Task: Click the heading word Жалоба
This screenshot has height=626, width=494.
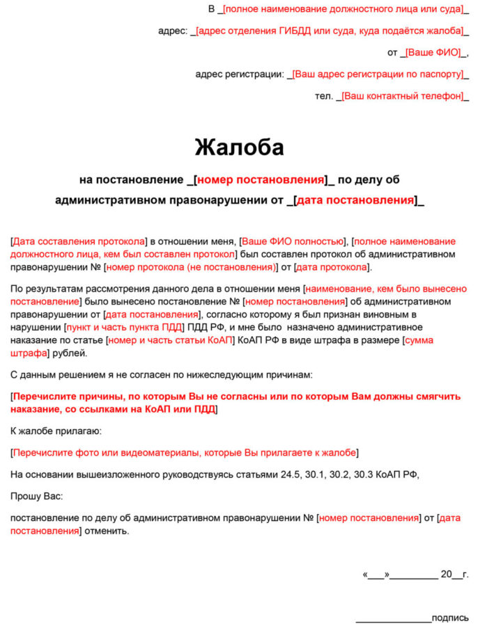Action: point(239,147)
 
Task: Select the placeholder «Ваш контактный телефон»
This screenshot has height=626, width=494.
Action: point(402,96)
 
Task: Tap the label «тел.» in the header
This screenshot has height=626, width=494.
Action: point(324,96)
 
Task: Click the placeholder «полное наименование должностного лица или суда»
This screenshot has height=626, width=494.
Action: point(343,10)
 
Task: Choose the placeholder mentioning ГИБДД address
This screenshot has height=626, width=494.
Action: point(329,31)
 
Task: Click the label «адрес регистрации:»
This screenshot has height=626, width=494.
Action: point(240,74)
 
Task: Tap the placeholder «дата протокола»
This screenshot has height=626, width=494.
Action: point(332,267)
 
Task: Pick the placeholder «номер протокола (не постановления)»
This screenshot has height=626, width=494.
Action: point(190,267)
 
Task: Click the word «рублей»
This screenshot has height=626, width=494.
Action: point(70,353)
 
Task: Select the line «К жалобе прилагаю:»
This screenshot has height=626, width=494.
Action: point(56,431)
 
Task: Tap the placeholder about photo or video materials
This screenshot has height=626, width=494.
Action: point(185,453)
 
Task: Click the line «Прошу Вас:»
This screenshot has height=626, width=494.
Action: point(36,497)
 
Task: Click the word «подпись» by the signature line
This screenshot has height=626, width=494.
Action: point(450,618)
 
